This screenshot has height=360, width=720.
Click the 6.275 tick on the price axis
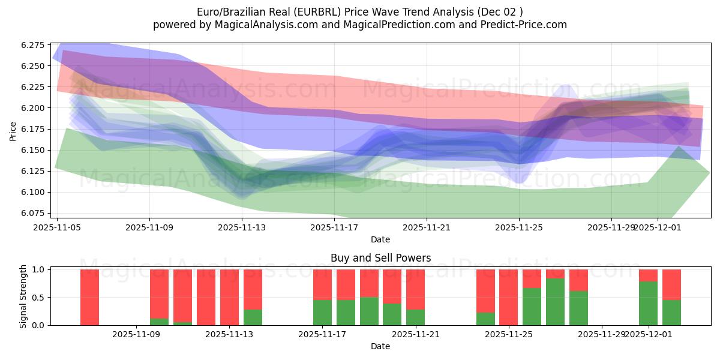point(33,45)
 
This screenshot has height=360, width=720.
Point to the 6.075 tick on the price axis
point(33,213)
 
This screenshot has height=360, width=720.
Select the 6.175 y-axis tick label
point(33,129)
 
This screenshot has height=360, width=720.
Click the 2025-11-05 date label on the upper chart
point(57,227)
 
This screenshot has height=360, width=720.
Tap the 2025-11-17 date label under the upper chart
point(334,227)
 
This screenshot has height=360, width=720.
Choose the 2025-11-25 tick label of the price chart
point(519,227)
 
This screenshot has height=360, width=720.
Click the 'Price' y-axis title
point(13,130)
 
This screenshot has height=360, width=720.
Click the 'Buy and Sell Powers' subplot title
point(380,259)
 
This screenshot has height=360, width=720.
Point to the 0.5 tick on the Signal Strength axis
point(37,298)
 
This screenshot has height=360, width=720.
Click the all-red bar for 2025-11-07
point(89,297)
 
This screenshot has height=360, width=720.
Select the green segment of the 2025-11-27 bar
point(555,302)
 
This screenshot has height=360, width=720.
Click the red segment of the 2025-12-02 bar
point(671,284)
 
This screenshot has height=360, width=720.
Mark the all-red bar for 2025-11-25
point(508,297)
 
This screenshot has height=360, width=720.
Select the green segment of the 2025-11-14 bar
point(253,317)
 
